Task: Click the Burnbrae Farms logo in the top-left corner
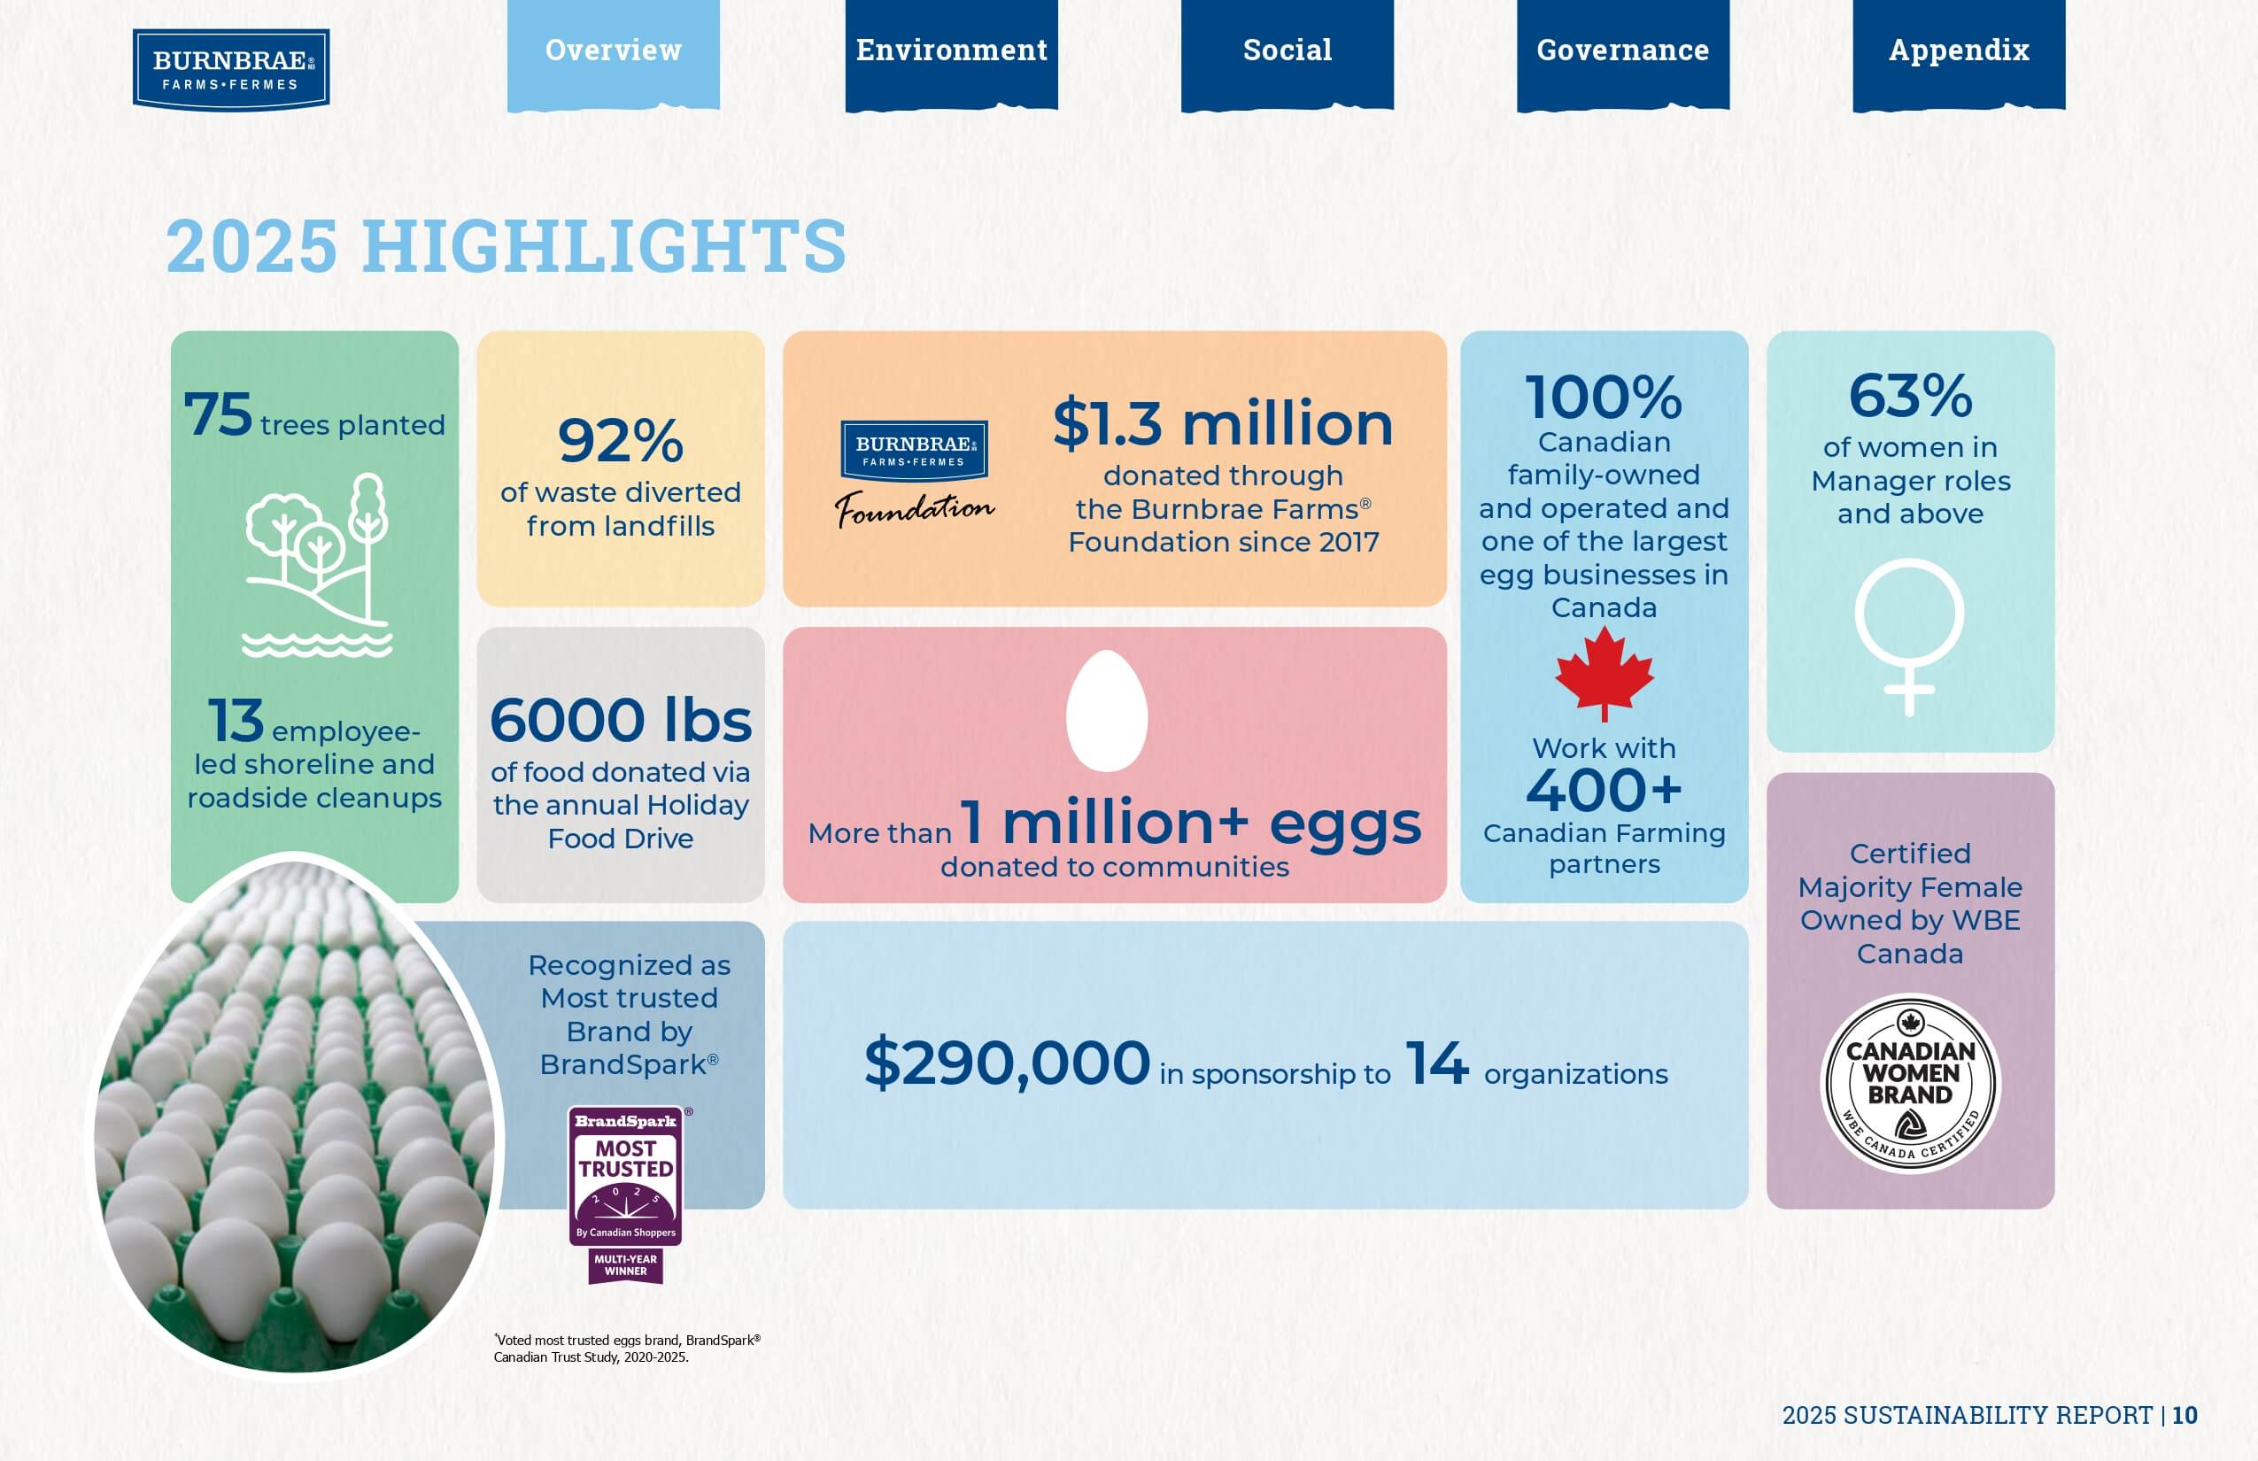coord(230,69)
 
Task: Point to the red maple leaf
coord(1605,673)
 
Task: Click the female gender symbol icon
coord(1909,637)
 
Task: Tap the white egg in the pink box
coord(1107,710)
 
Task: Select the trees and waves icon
coord(318,565)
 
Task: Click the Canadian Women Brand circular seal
coord(1911,1084)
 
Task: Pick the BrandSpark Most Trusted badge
coord(626,1194)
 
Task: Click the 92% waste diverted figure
coord(621,441)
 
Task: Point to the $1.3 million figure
coord(1223,423)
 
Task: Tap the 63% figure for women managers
coord(1911,396)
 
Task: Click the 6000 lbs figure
coord(621,720)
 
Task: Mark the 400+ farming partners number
coord(1605,790)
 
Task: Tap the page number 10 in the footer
coord(2185,1416)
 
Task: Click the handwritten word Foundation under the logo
coord(915,508)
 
